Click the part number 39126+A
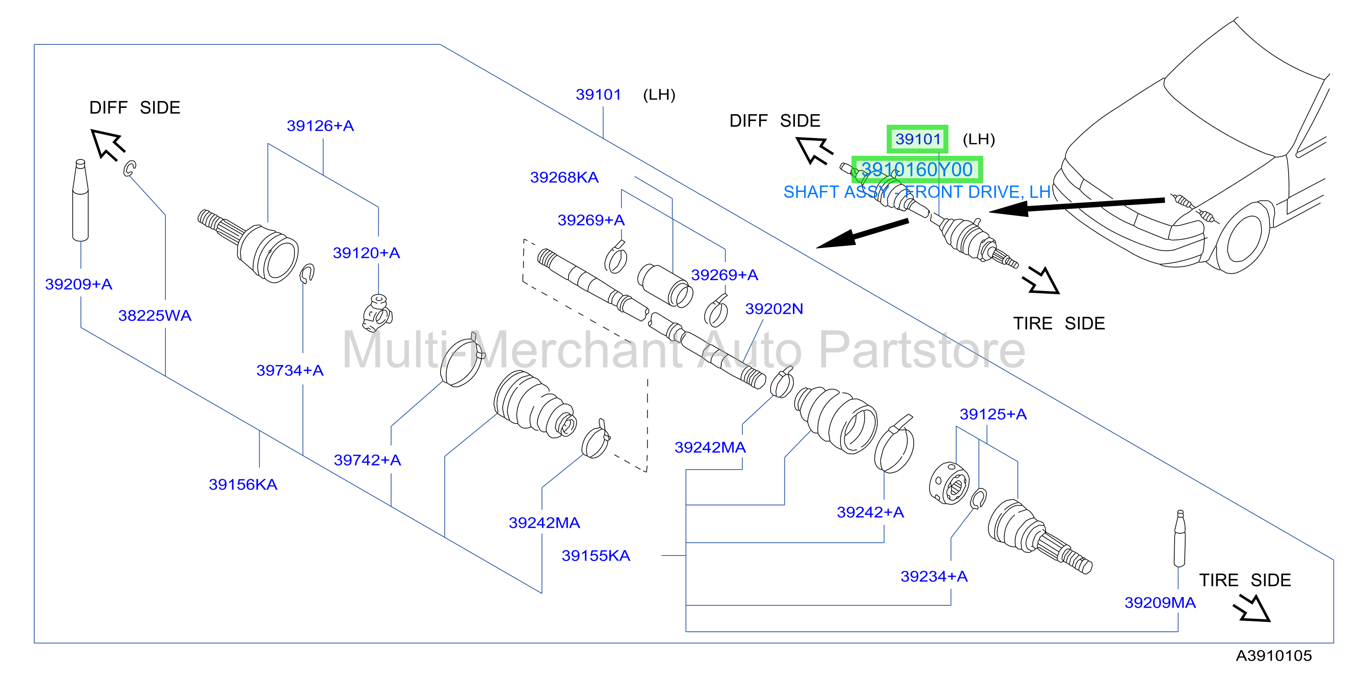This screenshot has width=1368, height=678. coord(320,126)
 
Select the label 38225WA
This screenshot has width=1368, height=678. coord(154,316)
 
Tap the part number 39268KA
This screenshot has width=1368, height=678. coord(564,177)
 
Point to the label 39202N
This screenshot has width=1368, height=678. coord(774,309)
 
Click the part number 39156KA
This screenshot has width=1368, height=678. coord(243,485)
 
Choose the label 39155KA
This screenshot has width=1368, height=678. coord(596,556)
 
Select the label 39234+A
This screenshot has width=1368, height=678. coord(934,577)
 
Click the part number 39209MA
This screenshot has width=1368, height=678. coord(1160,603)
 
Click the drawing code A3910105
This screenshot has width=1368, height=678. coord(1273,656)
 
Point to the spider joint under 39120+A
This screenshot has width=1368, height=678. coord(378,313)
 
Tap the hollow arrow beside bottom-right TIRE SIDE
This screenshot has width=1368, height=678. coord(1252,609)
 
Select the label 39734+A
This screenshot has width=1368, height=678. coord(290,371)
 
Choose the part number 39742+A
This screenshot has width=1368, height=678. coord(367,461)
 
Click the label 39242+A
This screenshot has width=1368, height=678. coord(870,512)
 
